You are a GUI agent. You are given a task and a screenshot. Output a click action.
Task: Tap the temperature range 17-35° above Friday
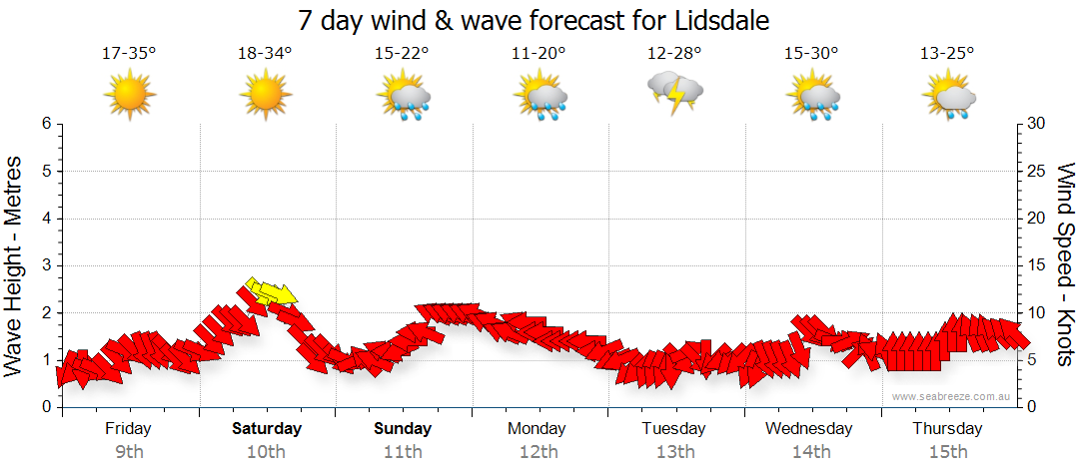pos(129,54)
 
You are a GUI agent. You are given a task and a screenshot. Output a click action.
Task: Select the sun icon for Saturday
pos(265,95)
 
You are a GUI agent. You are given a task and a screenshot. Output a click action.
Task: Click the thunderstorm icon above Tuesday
pos(675,93)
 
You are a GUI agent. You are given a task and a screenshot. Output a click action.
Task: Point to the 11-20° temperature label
pos(539,54)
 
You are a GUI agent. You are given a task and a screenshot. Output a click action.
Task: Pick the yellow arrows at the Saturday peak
pos(271,292)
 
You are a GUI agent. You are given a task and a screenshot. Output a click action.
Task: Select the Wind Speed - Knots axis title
pos(1063,264)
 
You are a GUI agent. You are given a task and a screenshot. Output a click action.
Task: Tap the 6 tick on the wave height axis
pos(46,124)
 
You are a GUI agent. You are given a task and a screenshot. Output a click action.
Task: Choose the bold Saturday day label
pos(267,429)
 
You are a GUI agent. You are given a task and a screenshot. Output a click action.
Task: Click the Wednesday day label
pos(809,429)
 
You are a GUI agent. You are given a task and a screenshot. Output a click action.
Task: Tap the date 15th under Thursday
pos(947,452)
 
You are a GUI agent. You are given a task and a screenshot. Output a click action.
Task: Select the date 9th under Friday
pos(129,452)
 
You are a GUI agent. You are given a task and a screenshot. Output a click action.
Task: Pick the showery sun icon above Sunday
pos(403,97)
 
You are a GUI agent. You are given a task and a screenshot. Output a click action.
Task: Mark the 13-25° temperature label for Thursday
pos(947,54)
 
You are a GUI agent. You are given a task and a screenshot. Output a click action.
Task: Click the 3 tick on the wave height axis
pos(46,265)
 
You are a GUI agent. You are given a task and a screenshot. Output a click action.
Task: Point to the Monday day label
pos(538,429)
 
